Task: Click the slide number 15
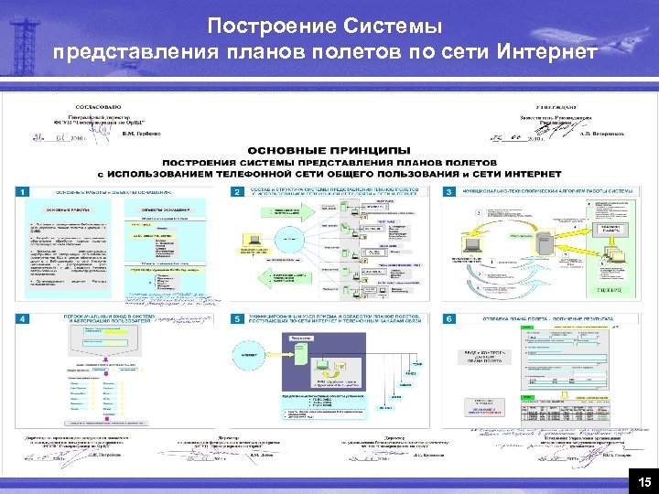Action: [644, 482]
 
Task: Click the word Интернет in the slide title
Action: [548, 50]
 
